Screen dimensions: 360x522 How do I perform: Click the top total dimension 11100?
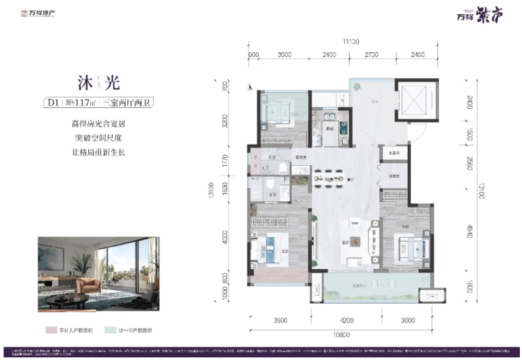(x=342, y=41)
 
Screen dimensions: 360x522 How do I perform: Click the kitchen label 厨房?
(x=329, y=128)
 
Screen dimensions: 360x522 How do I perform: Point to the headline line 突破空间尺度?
(x=93, y=138)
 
